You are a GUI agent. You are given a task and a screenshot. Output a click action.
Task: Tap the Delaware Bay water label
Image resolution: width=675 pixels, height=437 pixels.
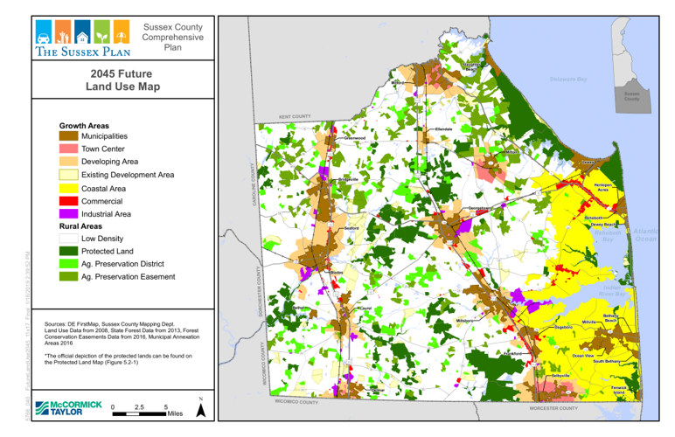(x=568, y=80)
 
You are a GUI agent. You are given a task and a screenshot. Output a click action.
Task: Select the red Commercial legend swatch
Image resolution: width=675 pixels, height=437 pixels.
(x=68, y=201)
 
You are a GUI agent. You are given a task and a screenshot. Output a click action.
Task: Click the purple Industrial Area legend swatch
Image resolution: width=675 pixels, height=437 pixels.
(x=68, y=213)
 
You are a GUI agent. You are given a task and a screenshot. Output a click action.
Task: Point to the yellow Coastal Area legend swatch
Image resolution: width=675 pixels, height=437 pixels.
(x=68, y=188)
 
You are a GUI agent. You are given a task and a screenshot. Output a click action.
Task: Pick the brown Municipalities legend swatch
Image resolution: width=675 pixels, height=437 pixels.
(x=68, y=137)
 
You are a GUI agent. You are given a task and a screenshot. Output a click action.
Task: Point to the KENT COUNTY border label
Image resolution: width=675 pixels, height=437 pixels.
(x=295, y=116)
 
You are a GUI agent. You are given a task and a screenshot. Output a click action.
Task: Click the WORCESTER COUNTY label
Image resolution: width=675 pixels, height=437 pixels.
(x=553, y=408)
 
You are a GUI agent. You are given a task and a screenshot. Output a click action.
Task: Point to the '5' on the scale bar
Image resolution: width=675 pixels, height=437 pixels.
(x=165, y=407)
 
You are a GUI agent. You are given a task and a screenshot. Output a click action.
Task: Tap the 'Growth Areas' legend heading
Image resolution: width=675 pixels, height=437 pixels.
(x=84, y=125)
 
